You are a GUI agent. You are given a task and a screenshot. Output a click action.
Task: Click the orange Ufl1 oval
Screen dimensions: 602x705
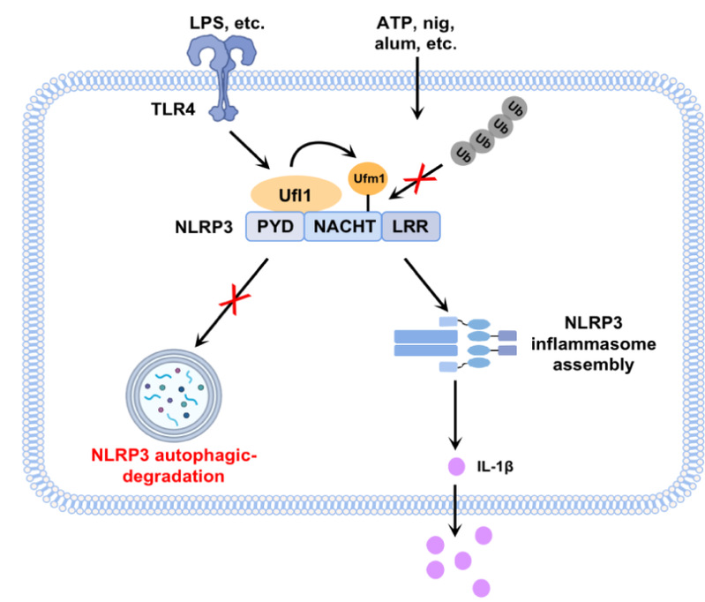coord(296,192)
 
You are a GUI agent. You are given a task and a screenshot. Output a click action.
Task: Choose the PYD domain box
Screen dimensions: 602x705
coord(274,226)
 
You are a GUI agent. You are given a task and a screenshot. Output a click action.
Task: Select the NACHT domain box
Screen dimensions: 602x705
coord(342,226)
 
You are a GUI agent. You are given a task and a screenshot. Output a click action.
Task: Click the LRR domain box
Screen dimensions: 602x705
coord(410,226)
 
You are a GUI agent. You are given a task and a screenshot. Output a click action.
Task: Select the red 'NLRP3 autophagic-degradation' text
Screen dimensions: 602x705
coord(167,466)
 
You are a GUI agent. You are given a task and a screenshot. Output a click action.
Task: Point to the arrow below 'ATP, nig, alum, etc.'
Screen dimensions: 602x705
coord(416,88)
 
